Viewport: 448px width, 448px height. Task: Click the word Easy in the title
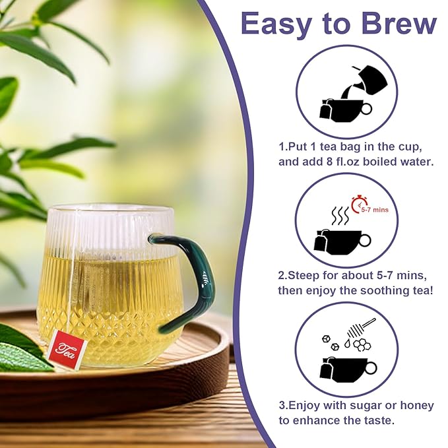(274, 25)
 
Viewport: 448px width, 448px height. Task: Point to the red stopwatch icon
(359, 203)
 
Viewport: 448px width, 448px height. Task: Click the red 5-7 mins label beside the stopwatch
(378, 209)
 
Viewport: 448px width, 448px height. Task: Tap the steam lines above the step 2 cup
(340, 216)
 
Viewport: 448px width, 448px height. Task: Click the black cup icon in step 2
(345, 242)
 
